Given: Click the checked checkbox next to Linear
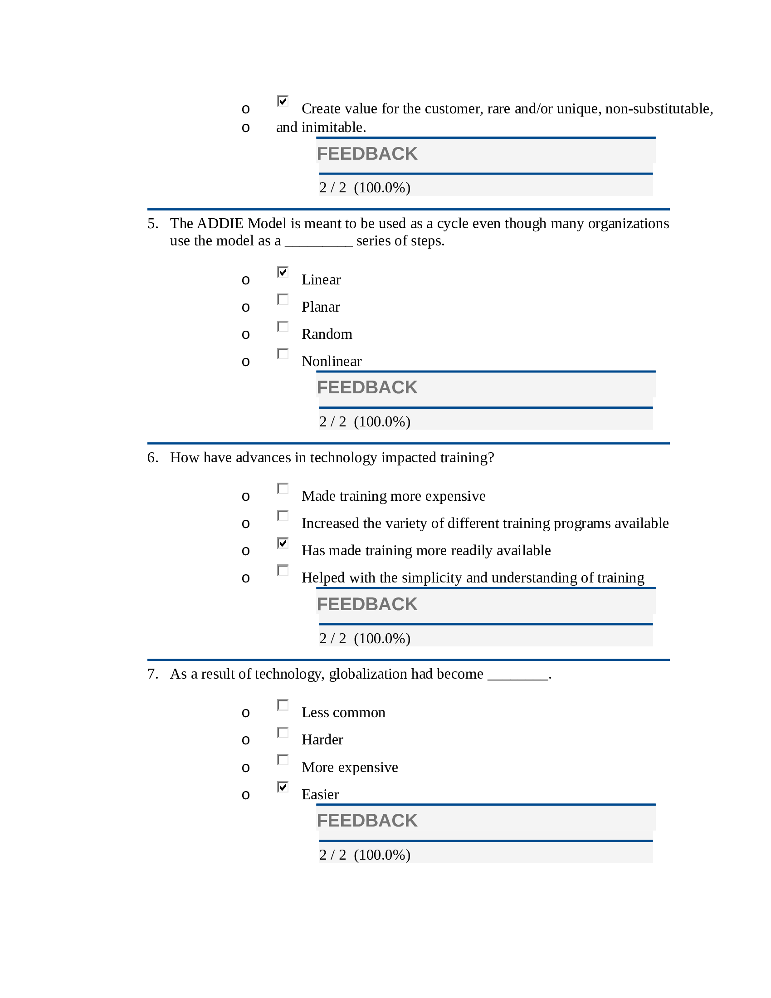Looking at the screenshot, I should point(283,272).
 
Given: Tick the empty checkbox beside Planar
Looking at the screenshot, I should point(283,299).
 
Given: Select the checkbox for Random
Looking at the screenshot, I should point(283,327).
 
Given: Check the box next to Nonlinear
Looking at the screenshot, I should point(283,354).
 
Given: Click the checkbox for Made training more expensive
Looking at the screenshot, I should point(283,489).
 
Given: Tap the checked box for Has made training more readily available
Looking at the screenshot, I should point(283,543).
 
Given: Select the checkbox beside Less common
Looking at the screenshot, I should point(283,705).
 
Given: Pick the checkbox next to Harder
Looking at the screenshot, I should point(283,733).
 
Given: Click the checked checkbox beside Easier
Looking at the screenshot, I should point(283,787).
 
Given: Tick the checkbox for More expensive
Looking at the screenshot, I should point(283,759).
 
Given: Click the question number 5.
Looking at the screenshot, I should point(152,224).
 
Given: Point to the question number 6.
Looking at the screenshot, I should point(152,457).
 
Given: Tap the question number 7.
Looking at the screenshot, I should point(152,674).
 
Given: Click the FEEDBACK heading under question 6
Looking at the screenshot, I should point(367,604).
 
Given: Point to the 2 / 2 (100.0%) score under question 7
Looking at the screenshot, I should point(365,855).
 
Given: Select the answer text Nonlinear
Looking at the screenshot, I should point(332,362).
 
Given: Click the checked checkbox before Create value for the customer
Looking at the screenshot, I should point(283,101).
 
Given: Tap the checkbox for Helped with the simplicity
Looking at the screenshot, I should point(283,570).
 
